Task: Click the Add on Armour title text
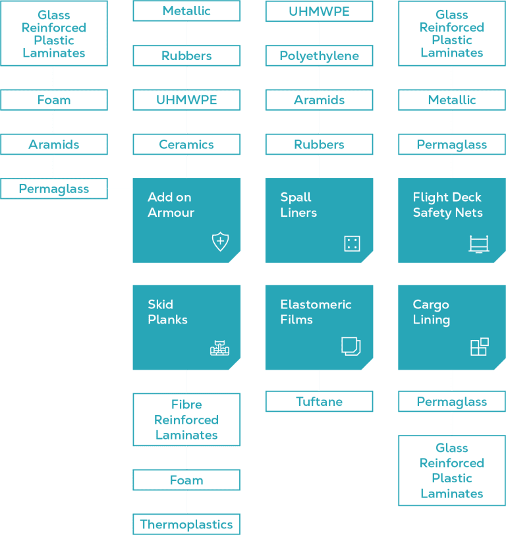coord(169,205)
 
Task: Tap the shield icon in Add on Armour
coord(220,242)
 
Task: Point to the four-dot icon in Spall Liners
coord(352,244)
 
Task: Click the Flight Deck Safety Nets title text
coord(447,205)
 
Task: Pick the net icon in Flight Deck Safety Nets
coord(479,244)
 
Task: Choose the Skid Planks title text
coord(167,312)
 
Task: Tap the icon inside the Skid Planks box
coord(220,348)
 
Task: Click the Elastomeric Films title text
coord(316,312)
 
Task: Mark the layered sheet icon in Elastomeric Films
coord(351,347)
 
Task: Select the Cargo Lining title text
coord(432,312)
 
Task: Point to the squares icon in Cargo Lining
coord(480,347)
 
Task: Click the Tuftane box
coord(319,401)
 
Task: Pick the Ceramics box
coord(186,144)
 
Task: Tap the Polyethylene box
coord(319,56)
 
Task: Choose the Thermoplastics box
coord(186,524)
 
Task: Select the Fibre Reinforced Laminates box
coord(186,420)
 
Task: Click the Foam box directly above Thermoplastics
coord(186,480)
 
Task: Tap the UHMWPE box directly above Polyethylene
coord(319,11)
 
